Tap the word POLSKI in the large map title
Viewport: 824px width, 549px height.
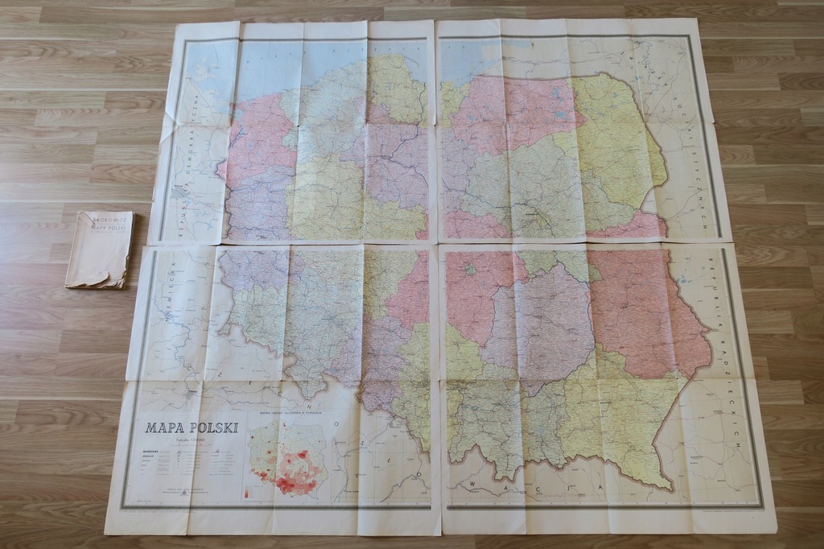click(x=212, y=427)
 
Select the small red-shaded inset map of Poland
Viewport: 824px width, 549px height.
click(x=287, y=459)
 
